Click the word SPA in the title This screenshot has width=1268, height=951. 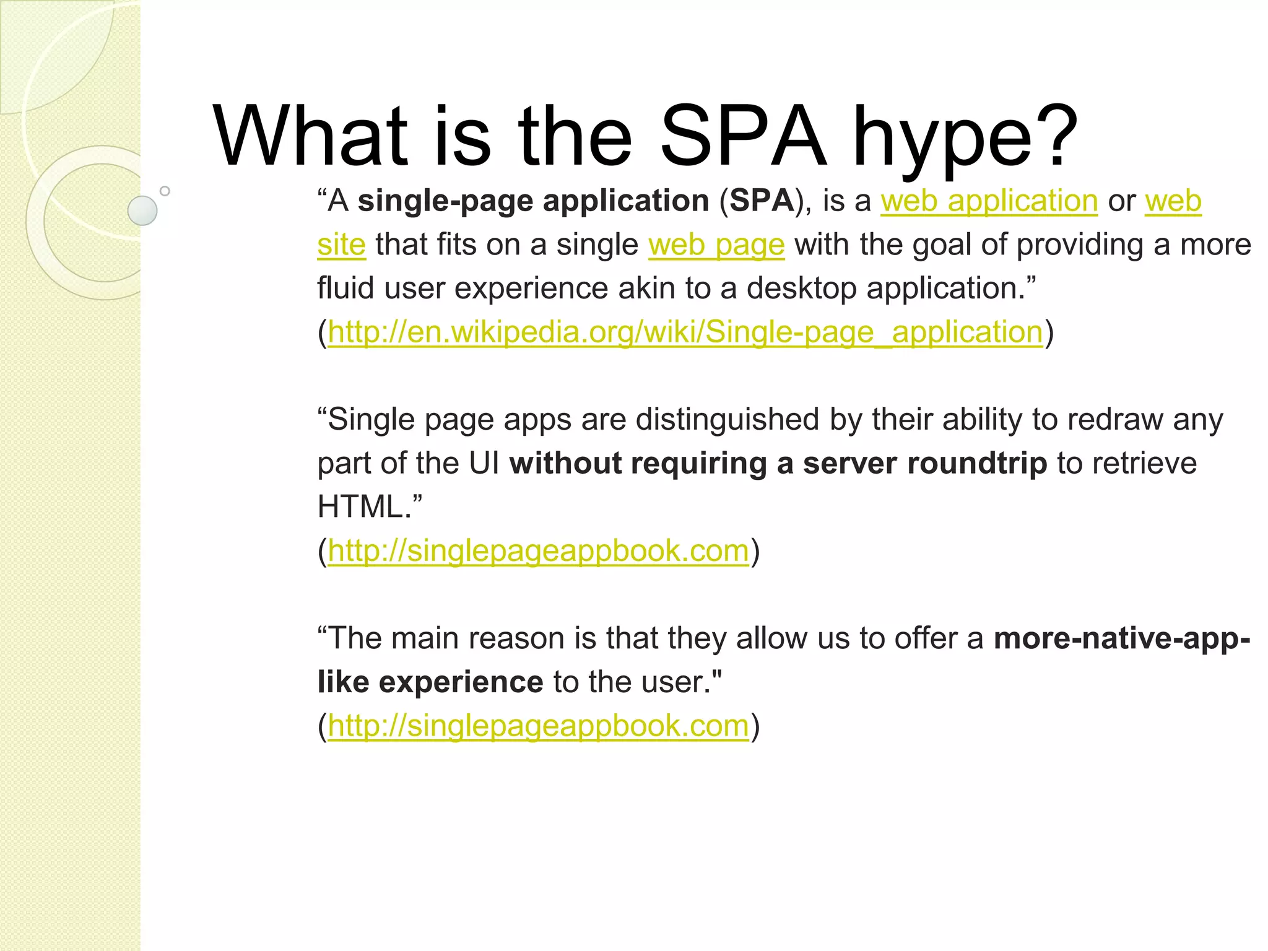point(743,137)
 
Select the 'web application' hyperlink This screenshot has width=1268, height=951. point(989,201)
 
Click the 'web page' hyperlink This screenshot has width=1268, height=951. point(716,245)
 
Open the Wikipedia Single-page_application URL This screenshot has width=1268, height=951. point(685,332)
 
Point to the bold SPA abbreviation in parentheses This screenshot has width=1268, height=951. point(762,201)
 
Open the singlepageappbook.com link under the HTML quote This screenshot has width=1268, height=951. point(538,551)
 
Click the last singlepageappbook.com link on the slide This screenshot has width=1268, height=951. point(538,726)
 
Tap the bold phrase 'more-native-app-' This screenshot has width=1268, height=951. point(1121,638)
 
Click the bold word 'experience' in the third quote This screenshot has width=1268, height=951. point(461,682)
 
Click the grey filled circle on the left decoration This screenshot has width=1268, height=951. point(142,211)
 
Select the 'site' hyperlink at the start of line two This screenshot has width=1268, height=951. point(341,245)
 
